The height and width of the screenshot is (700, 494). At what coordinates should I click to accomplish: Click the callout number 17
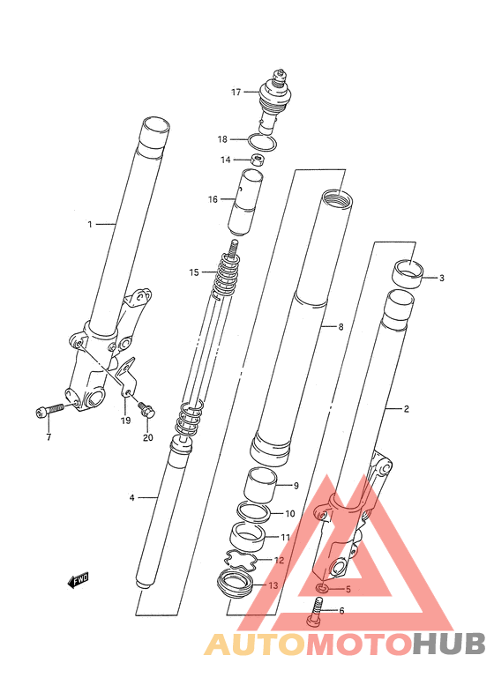click(x=236, y=92)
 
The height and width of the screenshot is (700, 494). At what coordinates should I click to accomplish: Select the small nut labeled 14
click(x=256, y=160)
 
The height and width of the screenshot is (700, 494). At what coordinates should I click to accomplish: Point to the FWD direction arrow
click(x=78, y=580)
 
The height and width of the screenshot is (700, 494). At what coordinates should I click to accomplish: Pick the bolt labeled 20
click(x=146, y=410)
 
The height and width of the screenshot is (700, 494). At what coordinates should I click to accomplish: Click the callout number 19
click(x=125, y=421)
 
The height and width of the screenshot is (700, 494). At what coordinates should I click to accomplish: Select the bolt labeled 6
click(x=314, y=611)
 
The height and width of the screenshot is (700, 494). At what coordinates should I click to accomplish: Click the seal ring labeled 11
click(x=246, y=540)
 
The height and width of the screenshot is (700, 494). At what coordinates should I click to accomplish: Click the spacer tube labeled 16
click(x=245, y=202)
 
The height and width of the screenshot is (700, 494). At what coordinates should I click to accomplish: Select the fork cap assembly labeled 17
click(x=271, y=101)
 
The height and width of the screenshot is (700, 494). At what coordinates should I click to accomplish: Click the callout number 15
click(x=194, y=272)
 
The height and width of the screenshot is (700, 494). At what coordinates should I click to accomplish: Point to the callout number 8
click(x=341, y=327)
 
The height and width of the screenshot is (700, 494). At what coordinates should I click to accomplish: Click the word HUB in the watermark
click(x=448, y=644)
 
